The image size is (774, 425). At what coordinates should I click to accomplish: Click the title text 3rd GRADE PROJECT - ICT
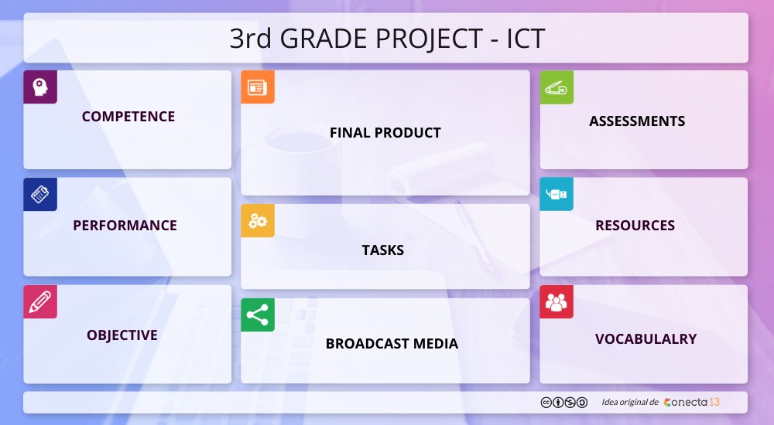(387, 38)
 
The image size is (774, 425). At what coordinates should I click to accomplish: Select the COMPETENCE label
(128, 117)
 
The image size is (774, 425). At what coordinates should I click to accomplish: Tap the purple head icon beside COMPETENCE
(40, 87)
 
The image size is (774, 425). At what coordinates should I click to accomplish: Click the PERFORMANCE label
(125, 226)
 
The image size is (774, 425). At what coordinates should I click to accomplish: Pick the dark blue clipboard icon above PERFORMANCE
(40, 195)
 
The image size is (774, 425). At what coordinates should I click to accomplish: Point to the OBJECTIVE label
(122, 335)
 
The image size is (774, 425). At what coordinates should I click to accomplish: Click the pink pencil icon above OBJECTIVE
(40, 302)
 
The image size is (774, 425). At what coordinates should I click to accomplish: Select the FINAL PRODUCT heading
(385, 133)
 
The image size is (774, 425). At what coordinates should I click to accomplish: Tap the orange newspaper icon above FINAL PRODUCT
(257, 87)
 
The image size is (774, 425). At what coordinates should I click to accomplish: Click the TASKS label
(383, 250)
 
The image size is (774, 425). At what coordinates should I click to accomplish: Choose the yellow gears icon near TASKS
(257, 221)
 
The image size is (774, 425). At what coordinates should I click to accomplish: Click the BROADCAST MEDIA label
(392, 344)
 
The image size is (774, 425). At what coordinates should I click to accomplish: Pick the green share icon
(257, 315)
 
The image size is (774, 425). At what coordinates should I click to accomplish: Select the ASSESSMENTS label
(637, 121)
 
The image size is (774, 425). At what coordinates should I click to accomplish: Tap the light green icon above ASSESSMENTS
(557, 87)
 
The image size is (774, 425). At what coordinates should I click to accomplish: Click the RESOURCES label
(635, 226)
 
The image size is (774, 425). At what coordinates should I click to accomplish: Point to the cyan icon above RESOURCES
(557, 195)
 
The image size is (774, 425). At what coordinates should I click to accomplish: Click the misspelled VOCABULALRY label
(646, 339)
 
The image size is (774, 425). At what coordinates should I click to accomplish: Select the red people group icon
(557, 302)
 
